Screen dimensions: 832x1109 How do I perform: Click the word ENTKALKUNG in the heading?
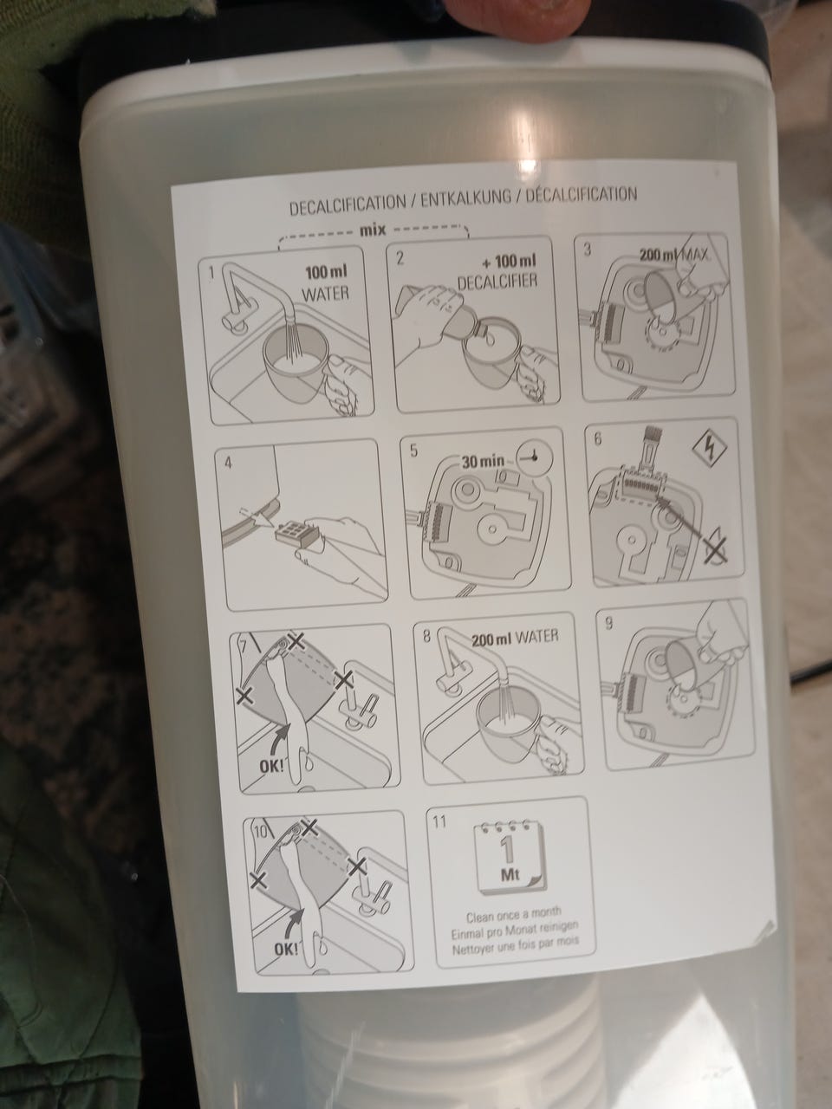[x=465, y=199]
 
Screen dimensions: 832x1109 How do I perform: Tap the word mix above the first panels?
[x=373, y=230]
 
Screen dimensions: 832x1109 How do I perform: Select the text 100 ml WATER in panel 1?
[x=326, y=283]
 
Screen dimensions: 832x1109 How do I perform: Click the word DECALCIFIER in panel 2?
[x=497, y=282]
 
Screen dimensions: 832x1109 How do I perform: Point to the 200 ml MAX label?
[x=674, y=254]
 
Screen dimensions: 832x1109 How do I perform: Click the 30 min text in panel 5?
[x=483, y=461]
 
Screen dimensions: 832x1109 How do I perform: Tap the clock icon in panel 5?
[x=535, y=458]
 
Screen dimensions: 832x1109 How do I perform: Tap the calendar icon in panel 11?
[x=510, y=857]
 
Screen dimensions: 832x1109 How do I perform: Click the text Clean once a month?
[x=513, y=914]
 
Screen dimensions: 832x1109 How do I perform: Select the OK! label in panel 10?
[x=286, y=950]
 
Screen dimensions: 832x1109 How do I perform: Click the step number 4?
[x=228, y=463]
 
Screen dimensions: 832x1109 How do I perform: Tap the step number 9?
[x=608, y=624]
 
